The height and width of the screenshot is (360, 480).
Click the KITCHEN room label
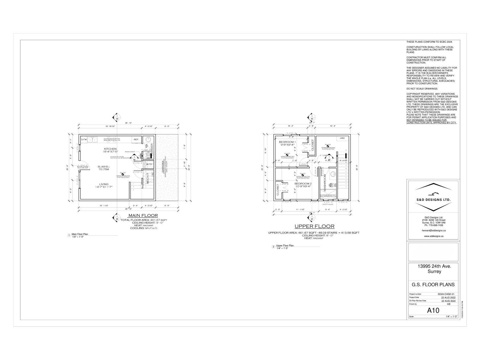(110, 149)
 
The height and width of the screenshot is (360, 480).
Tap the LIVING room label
(104, 184)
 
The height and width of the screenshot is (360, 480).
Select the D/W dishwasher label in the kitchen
(84, 139)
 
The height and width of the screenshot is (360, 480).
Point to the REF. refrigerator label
(136, 139)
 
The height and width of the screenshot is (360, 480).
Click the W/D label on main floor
(149, 164)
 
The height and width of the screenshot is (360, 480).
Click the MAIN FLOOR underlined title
(143, 215)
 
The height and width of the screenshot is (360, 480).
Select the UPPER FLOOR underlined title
(314, 226)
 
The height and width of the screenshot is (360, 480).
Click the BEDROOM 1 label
(287, 142)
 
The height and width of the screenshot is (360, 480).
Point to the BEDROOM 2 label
(303, 183)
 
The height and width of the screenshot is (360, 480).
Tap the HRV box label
(342, 138)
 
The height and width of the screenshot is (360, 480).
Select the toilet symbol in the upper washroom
(332, 185)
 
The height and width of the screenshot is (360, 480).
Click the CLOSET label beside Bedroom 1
(312, 145)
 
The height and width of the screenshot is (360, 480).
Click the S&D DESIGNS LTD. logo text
(432, 199)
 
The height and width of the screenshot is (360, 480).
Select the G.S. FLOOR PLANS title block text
(433, 284)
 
